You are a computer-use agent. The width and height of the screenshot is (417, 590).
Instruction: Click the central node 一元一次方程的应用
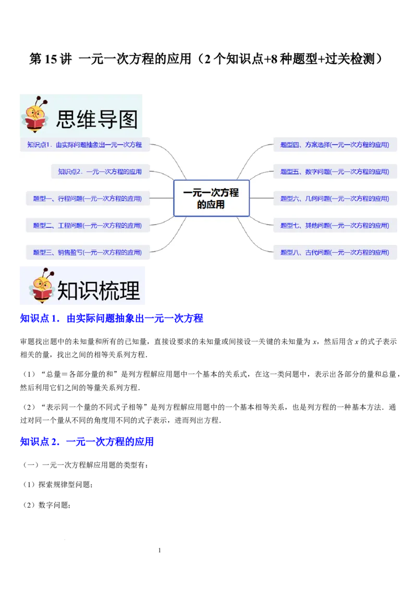(211, 198)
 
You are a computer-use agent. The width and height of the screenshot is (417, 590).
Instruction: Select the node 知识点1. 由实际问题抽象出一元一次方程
(85, 144)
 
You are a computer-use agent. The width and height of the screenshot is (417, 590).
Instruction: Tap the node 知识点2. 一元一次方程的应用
(100, 171)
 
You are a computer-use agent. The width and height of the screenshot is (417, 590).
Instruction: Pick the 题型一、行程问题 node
(87, 199)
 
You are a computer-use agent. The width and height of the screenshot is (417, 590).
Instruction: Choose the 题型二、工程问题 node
(87, 226)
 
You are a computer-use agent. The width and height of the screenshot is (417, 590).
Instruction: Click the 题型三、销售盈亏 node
(87, 252)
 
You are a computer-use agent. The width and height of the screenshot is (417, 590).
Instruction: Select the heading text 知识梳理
(99, 291)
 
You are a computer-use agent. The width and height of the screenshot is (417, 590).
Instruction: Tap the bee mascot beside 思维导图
(36, 115)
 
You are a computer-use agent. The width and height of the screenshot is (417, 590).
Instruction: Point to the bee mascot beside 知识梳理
(42, 287)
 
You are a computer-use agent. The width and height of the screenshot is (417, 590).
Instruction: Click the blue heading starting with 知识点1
(111, 318)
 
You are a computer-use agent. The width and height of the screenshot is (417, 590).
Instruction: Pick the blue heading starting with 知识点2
(86, 442)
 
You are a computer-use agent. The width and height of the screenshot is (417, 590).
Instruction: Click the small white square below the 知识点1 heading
(131, 336)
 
